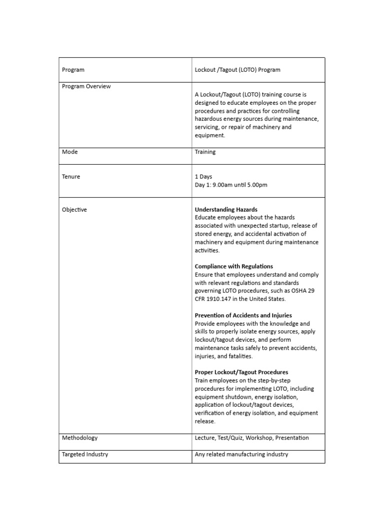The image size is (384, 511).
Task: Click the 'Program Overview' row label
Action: [86, 86]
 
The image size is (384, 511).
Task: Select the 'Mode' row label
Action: [69, 152]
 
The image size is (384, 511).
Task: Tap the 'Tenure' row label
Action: [71, 177]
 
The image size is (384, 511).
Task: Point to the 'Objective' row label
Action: [74, 210]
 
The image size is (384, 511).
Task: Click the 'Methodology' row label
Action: [79, 438]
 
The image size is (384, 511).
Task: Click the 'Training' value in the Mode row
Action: [205, 152]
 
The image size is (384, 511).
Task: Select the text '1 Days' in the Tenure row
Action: [203, 177]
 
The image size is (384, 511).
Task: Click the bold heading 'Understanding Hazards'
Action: [226, 210]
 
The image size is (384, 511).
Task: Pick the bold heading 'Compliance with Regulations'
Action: [233, 266]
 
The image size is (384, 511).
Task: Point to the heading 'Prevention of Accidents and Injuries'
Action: [243, 315]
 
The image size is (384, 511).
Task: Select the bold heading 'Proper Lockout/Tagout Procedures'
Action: [241, 372]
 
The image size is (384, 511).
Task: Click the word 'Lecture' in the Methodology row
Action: [205, 438]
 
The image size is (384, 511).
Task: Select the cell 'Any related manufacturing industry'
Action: [241, 454]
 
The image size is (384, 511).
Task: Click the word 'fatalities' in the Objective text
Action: [238, 356]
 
